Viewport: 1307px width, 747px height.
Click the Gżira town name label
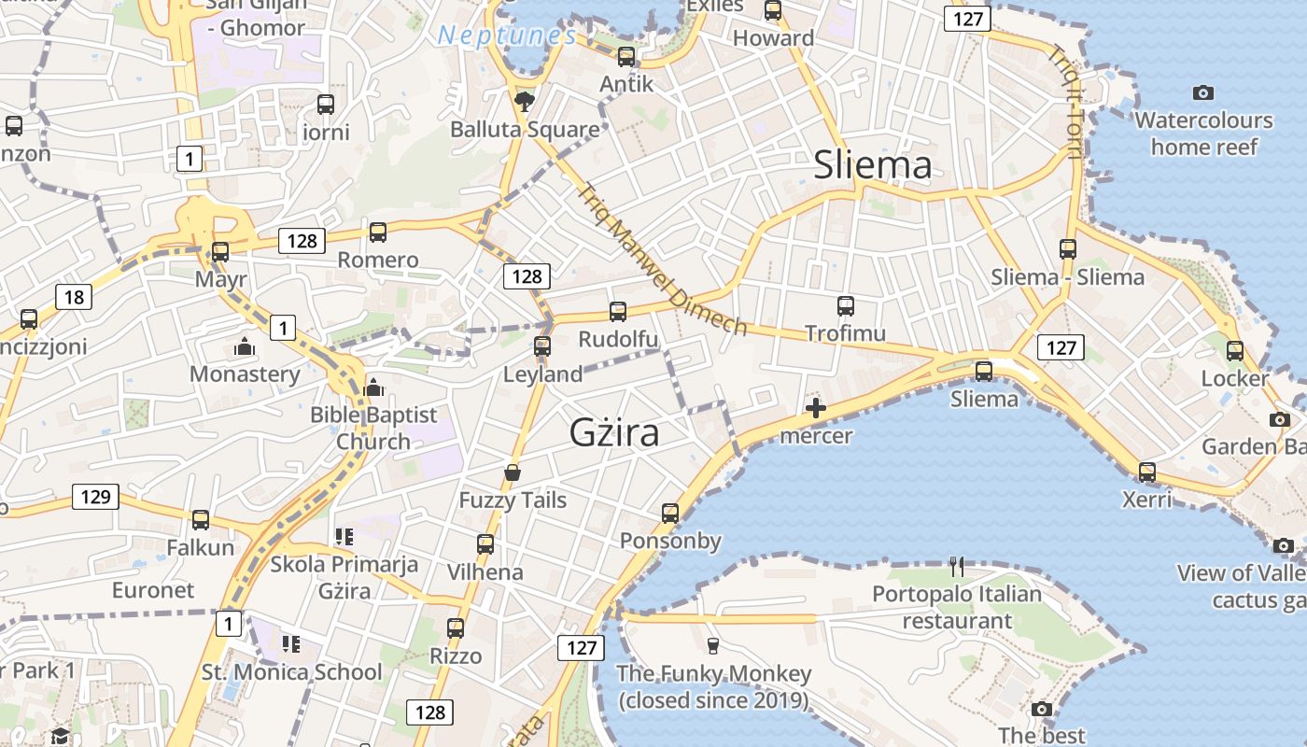point(614,432)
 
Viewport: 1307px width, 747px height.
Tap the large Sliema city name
point(872,165)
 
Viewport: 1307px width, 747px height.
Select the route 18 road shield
point(74,298)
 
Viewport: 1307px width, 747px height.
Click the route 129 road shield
point(95,497)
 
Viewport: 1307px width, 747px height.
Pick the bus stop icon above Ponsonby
point(670,513)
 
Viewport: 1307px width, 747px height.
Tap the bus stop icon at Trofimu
point(846,305)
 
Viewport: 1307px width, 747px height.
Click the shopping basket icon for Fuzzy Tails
point(512,472)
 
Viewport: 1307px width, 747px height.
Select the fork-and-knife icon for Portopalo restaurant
point(957,566)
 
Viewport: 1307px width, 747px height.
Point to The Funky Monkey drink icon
point(713,646)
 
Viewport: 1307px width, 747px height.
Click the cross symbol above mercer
point(816,408)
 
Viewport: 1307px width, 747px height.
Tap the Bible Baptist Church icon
point(373,387)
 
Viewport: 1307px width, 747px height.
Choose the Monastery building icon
point(245,346)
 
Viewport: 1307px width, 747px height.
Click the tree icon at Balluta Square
point(525,101)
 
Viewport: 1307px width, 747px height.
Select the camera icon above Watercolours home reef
point(1203,92)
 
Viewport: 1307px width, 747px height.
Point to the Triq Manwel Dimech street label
point(662,260)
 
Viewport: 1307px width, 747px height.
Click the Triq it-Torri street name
point(1064,103)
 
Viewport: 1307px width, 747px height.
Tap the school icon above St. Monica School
point(291,643)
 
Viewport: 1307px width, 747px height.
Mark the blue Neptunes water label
point(507,36)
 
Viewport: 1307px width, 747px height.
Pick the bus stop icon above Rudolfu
point(618,311)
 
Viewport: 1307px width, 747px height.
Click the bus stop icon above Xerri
point(1147,472)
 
